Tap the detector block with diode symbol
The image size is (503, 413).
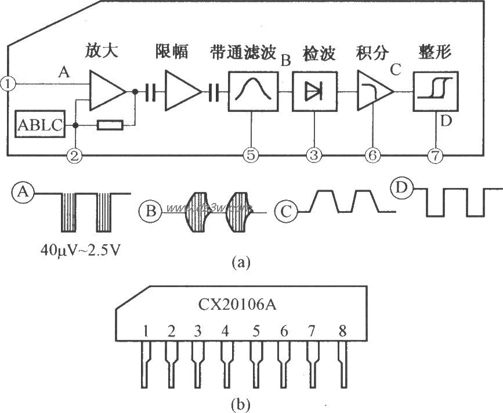point(313,92)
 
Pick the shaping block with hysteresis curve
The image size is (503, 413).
point(435,92)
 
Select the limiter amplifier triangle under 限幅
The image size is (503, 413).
point(182,92)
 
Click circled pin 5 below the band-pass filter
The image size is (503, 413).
point(251,155)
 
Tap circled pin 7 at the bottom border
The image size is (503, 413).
point(435,155)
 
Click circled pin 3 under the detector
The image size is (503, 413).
point(313,155)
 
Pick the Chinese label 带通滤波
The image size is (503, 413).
point(244,52)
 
